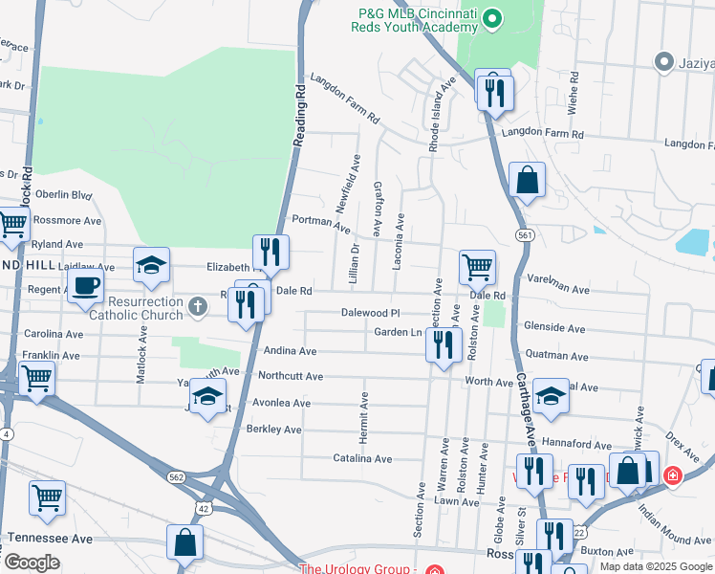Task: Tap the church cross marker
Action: click(198, 307)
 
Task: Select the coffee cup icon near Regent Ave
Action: click(85, 284)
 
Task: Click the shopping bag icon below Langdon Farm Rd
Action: click(527, 179)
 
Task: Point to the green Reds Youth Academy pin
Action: click(492, 18)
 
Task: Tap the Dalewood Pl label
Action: click(370, 313)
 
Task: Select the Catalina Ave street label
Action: click(363, 459)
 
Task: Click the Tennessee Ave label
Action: click(50, 539)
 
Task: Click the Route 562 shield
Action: click(175, 476)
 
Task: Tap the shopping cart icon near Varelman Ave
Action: click(477, 267)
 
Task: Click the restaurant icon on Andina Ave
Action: click(442, 343)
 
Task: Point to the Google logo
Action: click(32, 563)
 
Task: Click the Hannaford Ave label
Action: click(602, 445)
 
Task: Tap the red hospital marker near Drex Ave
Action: click(673, 475)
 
